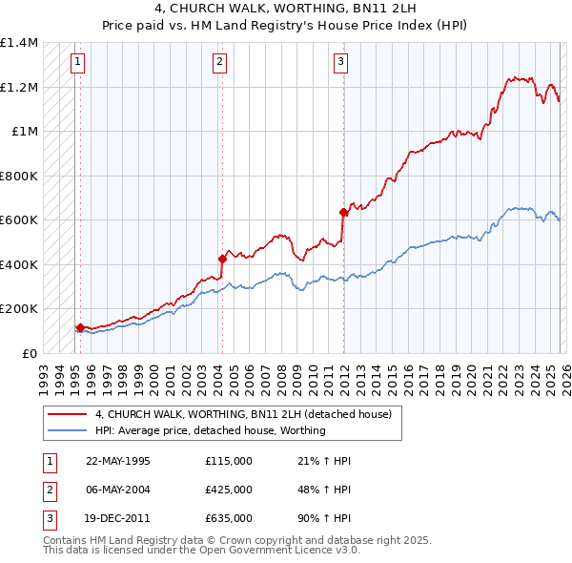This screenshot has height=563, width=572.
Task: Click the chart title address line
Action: pyautogui.click(x=286, y=7)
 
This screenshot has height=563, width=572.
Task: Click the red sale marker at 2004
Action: pyautogui.click(x=222, y=259)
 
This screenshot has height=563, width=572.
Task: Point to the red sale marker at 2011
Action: pyautogui.click(x=343, y=212)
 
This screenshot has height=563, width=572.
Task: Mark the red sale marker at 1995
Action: pyautogui.click(x=80, y=327)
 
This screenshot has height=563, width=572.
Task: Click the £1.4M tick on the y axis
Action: pyautogui.click(x=19, y=43)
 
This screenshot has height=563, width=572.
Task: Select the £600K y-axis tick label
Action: pyautogui.click(x=19, y=220)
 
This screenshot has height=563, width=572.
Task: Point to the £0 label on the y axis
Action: pyautogui.click(x=29, y=353)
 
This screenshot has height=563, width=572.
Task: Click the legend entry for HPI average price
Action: pyautogui.click(x=211, y=430)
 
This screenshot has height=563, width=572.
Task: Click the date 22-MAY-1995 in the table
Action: pyautogui.click(x=118, y=461)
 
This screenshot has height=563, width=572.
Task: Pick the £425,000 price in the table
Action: pyautogui.click(x=229, y=489)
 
